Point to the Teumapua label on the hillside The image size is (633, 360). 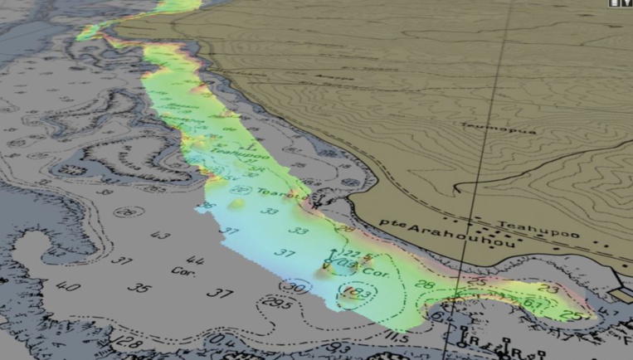(484, 129)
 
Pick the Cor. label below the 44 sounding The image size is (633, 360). (183, 271)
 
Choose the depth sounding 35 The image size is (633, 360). (142, 288)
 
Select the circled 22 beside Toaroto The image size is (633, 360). (241, 190)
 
